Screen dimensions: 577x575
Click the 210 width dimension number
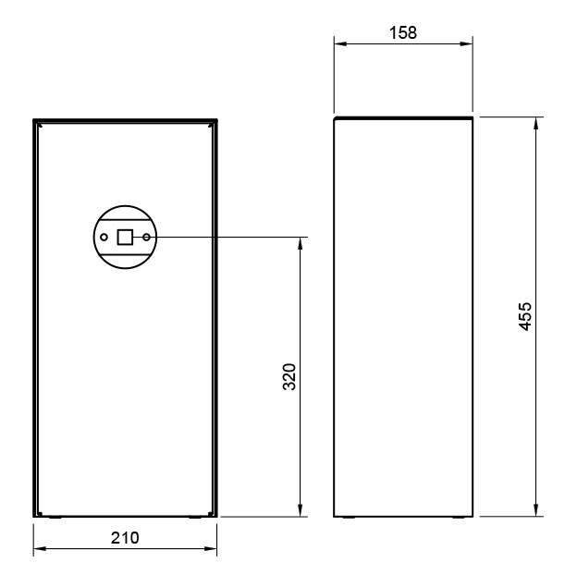click(125, 538)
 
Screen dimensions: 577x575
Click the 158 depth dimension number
click(403, 32)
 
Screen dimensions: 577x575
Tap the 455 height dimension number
click(525, 316)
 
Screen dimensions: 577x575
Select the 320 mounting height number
click(289, 377)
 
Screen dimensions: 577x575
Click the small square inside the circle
click(125, 237)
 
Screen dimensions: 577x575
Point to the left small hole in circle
click(104, 238)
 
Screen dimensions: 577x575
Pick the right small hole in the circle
click(146, 238)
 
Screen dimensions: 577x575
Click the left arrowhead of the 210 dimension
click(40, 548)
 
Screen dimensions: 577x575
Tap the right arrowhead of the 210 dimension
click(211, 548)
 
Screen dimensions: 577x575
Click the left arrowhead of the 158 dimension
click(340, 43)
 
